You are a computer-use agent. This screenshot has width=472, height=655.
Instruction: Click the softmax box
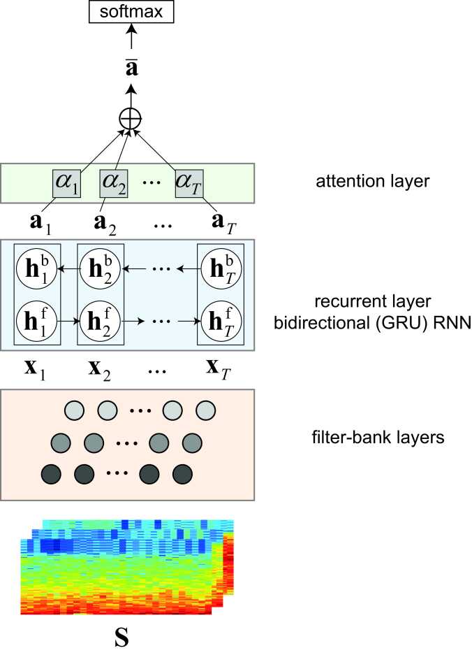click(131, 12)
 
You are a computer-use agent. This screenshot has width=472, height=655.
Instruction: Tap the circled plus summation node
click(131, 118)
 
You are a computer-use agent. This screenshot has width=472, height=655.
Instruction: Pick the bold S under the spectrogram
click(121, 638)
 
